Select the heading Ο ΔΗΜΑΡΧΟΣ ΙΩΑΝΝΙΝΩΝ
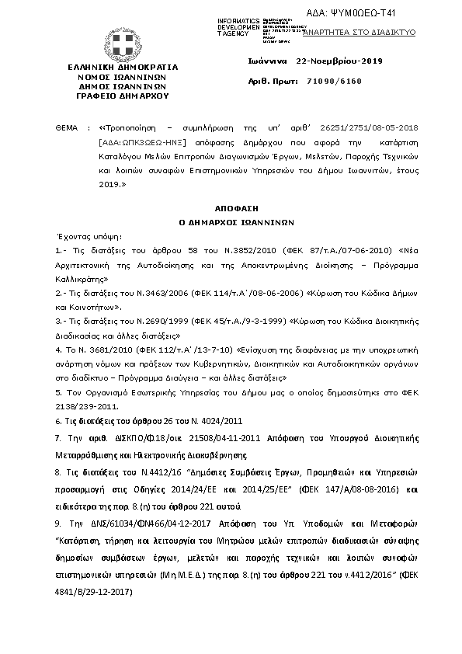click(231, 221)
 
